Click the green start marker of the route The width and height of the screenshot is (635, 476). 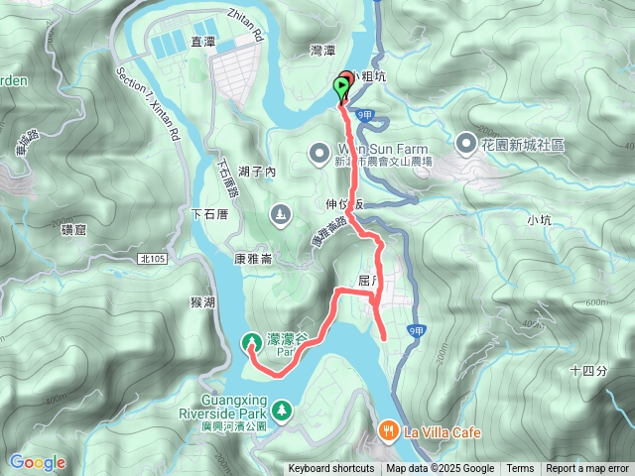point(343,91)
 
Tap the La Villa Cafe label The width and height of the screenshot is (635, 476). point(442,432)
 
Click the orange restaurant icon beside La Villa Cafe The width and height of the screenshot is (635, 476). point(387,431)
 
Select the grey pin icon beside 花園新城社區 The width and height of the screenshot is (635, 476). point(466,145)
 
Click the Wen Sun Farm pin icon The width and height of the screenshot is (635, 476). point(318,153)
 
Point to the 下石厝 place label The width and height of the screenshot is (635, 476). point(209,213)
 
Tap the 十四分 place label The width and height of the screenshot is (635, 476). point(588,370)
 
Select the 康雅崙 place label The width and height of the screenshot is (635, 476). point(253,257)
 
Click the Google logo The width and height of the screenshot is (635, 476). point(37,462)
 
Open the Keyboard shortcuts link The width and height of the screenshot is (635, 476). point(331,469)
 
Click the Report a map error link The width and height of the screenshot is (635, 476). point(587,469)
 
